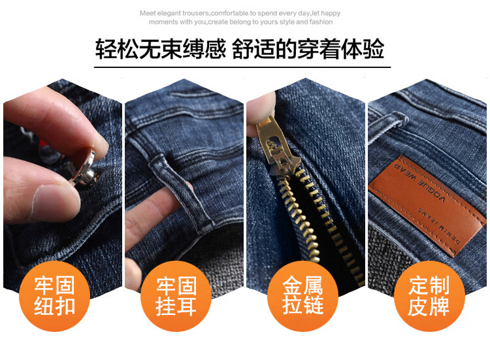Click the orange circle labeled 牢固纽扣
point(54,296)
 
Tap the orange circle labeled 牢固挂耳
point(176,296)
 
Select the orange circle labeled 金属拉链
point(302,296)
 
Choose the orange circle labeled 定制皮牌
point(429,296)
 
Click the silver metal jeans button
point(84,169)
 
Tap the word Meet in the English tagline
point(147,14)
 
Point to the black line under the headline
point(242,67)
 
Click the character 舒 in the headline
point(242,50)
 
